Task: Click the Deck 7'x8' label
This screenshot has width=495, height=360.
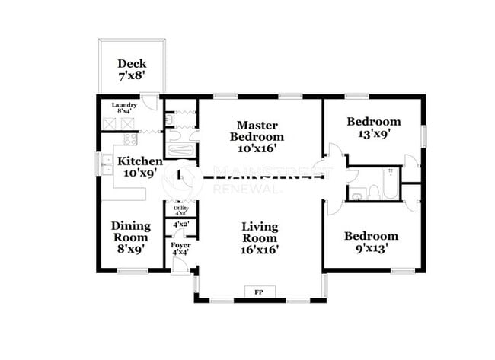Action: (x=132, y=70)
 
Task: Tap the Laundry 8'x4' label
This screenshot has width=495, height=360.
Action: (x=124, y=108)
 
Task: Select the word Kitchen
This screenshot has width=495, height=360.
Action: (x=139, y=161)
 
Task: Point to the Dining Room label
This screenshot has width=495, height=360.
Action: (x=130, y=236)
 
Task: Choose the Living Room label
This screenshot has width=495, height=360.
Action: (x=260, y=237)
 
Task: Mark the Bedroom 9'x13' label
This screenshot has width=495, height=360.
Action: (x=371, y=243)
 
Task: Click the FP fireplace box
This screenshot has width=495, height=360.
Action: (x=259, y=292)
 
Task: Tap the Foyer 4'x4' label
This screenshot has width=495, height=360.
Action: (x=180, y=248)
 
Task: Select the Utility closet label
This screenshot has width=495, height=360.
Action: (x=180, y=209)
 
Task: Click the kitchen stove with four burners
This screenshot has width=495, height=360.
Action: (x=129, y=140)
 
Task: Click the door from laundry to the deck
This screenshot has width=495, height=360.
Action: (x=152, y=101)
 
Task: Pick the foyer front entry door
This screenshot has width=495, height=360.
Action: (x=180, y=264)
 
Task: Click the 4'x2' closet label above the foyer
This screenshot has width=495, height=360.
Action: (x=180, y=225)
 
